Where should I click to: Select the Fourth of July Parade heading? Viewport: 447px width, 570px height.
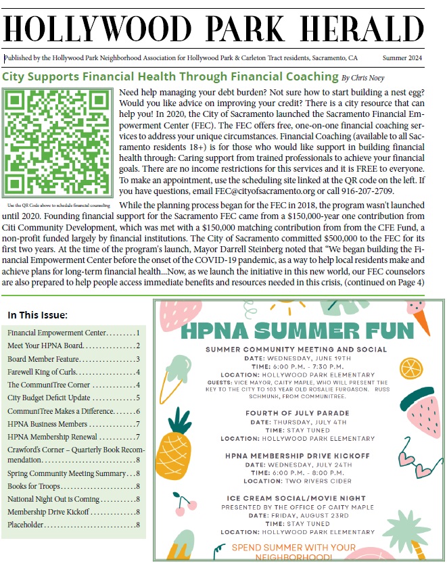pyautogui.click(x=292, y=414)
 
